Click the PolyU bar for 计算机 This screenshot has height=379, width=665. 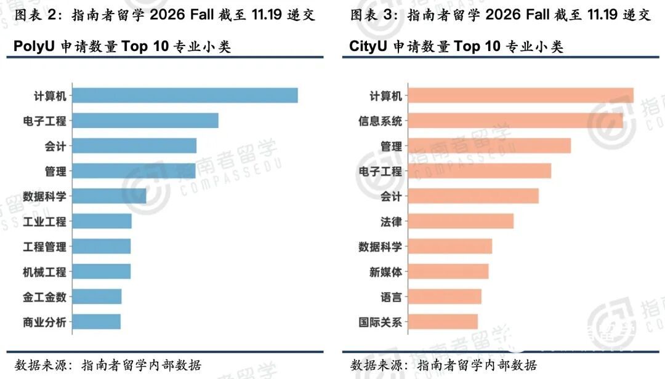click(x=185, y=95)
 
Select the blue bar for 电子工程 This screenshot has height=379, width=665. click(x=145, y=121)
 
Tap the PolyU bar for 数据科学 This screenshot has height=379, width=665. click(x=109, y=196)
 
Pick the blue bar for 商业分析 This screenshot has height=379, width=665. click(x=97, y=321)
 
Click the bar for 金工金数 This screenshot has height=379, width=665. click(x=97, y=297)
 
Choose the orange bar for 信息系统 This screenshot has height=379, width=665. click(x=515, y=121)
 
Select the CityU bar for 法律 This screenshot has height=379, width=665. click(x=461, y=221)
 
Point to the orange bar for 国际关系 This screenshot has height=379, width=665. click(x=443, y=321)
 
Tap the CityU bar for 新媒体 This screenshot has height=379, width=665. click(x=448, y=271)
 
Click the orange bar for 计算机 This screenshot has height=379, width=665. click(x=520, y=95)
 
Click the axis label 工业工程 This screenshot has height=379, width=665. click(x=44, y=221)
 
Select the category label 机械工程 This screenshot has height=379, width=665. click(x=44, y=271)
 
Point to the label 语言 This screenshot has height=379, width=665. click(x=391, y=297)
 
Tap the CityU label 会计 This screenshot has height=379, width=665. click(x=391, y=196)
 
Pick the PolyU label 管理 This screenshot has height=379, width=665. click(x=55, y=171)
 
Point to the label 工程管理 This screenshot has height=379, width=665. click(x=44, y=247)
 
